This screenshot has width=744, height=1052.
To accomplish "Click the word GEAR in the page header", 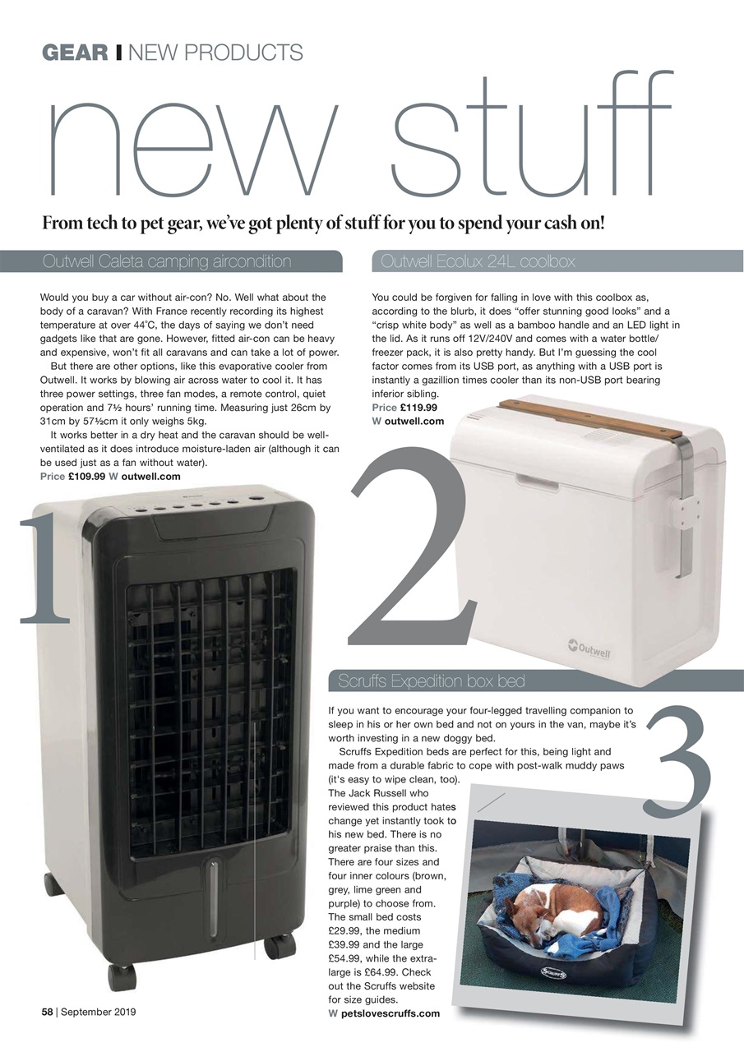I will point(75,53).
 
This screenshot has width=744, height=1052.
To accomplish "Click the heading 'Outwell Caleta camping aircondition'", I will point(167,262).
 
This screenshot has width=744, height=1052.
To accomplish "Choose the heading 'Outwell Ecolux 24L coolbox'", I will point(478,262).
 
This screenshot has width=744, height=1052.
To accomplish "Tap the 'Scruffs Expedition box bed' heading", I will point(432,681).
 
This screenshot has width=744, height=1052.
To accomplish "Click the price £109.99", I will point(86,477).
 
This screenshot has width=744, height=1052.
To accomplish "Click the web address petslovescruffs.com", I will point(390,1013).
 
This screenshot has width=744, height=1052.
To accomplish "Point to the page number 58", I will point(49,1012).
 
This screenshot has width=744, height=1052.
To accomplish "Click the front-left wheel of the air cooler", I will point(121,977).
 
